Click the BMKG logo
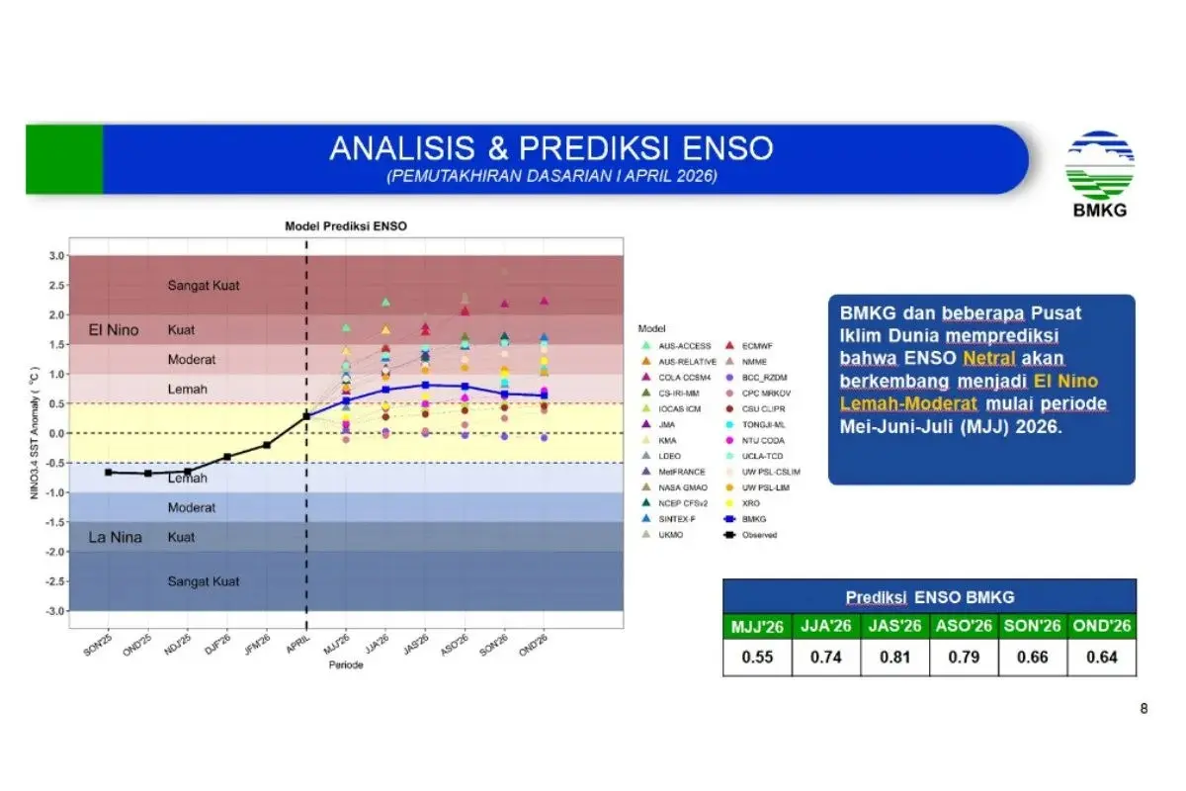(x=1099, y=173)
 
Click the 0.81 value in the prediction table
(x=894, y=658)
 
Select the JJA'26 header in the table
(x=826, y=626)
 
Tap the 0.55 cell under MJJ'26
(x=757, y=658)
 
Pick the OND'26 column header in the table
(x=1101, y=626)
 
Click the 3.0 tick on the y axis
(x=56, y=256)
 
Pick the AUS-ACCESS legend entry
(x=685, y=345)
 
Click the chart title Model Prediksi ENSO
(x=345, y=225)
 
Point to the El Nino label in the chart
(x=114, y=329)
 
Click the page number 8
(x=1144, y=708)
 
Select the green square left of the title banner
(x=64, y=159)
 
